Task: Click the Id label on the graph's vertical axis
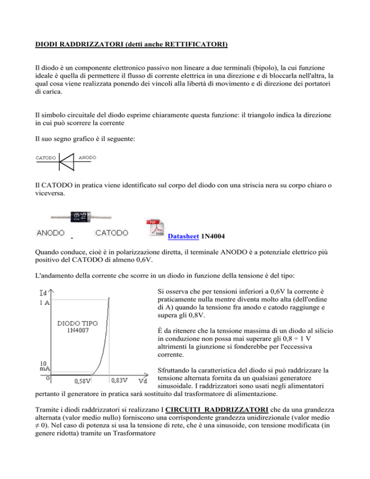tap(42, 292)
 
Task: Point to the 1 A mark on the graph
tap(42, 302)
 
